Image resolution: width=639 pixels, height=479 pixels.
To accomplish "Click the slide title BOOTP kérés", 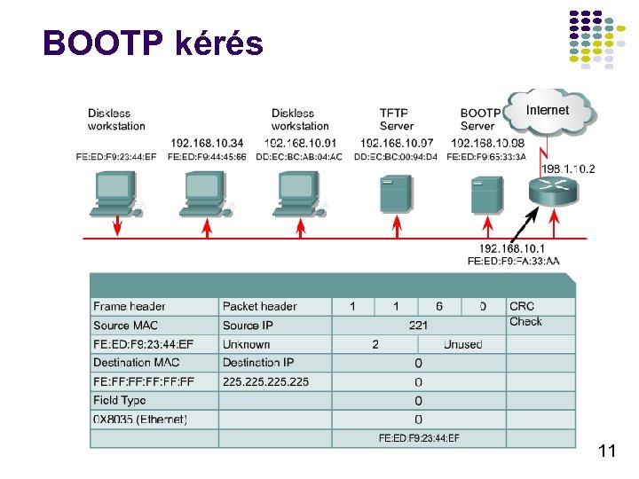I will point(153,42).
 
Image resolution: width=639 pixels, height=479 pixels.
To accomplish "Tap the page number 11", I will point(607,452).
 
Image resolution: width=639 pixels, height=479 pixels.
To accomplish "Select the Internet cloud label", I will point(548,110).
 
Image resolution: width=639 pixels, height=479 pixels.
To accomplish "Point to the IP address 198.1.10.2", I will point(569,168).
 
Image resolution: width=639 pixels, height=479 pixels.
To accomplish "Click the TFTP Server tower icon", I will point(395,193).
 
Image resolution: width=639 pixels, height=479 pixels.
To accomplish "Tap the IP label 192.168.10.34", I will point(207,143).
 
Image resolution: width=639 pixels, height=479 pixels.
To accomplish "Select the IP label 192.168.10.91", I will point(299,143).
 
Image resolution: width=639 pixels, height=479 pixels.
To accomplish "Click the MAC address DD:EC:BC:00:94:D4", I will point(395,157).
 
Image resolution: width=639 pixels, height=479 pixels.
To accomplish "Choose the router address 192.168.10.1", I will point(513,248).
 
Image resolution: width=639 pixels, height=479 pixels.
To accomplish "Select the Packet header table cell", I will point(260,307).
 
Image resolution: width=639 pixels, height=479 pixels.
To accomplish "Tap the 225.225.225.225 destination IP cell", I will point(266,382).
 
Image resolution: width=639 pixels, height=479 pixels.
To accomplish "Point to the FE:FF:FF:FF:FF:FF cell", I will point(144,382).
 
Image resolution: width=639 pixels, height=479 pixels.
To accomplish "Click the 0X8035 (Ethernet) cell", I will point(140,420).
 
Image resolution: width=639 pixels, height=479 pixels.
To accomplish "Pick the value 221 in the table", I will point(418,326).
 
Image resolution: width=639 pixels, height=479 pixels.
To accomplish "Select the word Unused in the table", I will point(462,344).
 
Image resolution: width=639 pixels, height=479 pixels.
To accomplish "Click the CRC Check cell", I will point(525,314).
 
